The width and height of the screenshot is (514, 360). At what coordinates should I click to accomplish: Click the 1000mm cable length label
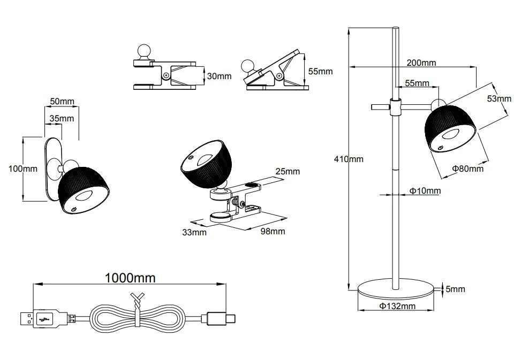pyautogui.click(x=130, y=278)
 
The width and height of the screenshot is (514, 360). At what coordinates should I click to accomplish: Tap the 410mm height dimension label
pyautogui.click(x=349, y=159)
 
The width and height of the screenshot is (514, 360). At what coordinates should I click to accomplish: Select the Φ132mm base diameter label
pyautogui.click(x=397, y=306)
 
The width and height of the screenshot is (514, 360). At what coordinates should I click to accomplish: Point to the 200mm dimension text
pyautogui.click(x=421, y=63)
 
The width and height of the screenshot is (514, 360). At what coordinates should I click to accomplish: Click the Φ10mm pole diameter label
pyautogui.click(x=425, y=190)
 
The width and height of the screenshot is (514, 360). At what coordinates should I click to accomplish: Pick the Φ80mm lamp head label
pyautogui.click(x=468, y=168)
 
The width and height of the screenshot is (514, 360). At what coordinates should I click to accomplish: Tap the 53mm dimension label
pyautogui.click(x=499, y=98)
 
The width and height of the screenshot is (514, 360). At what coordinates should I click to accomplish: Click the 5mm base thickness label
pyautogui.click(x=455, y=289)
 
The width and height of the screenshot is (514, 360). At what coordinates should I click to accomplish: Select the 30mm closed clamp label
pyautogui.click(x=220, y=76)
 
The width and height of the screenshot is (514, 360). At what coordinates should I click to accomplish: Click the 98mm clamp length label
pyautogui.click(x=273, y=231)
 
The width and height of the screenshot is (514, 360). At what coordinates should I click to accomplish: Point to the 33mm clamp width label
pyautogui.click(x=194, y=232)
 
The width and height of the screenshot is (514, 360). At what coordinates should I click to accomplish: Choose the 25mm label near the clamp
pyautogui.click(x=288, y=171)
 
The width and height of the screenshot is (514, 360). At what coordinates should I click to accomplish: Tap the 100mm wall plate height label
pyautogui.click(x=23, y=168)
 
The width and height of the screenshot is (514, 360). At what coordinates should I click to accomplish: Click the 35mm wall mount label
pyautogui.click(x=62, y=118)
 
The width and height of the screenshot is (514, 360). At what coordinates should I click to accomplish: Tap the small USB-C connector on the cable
pyautogui.click(x=218, y=318)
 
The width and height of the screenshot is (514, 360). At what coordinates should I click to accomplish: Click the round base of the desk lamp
pyautogui.click(x=396, y=289)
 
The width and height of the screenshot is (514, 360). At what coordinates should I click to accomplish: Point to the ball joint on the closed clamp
pyautogui.click(x=143, y=51)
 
